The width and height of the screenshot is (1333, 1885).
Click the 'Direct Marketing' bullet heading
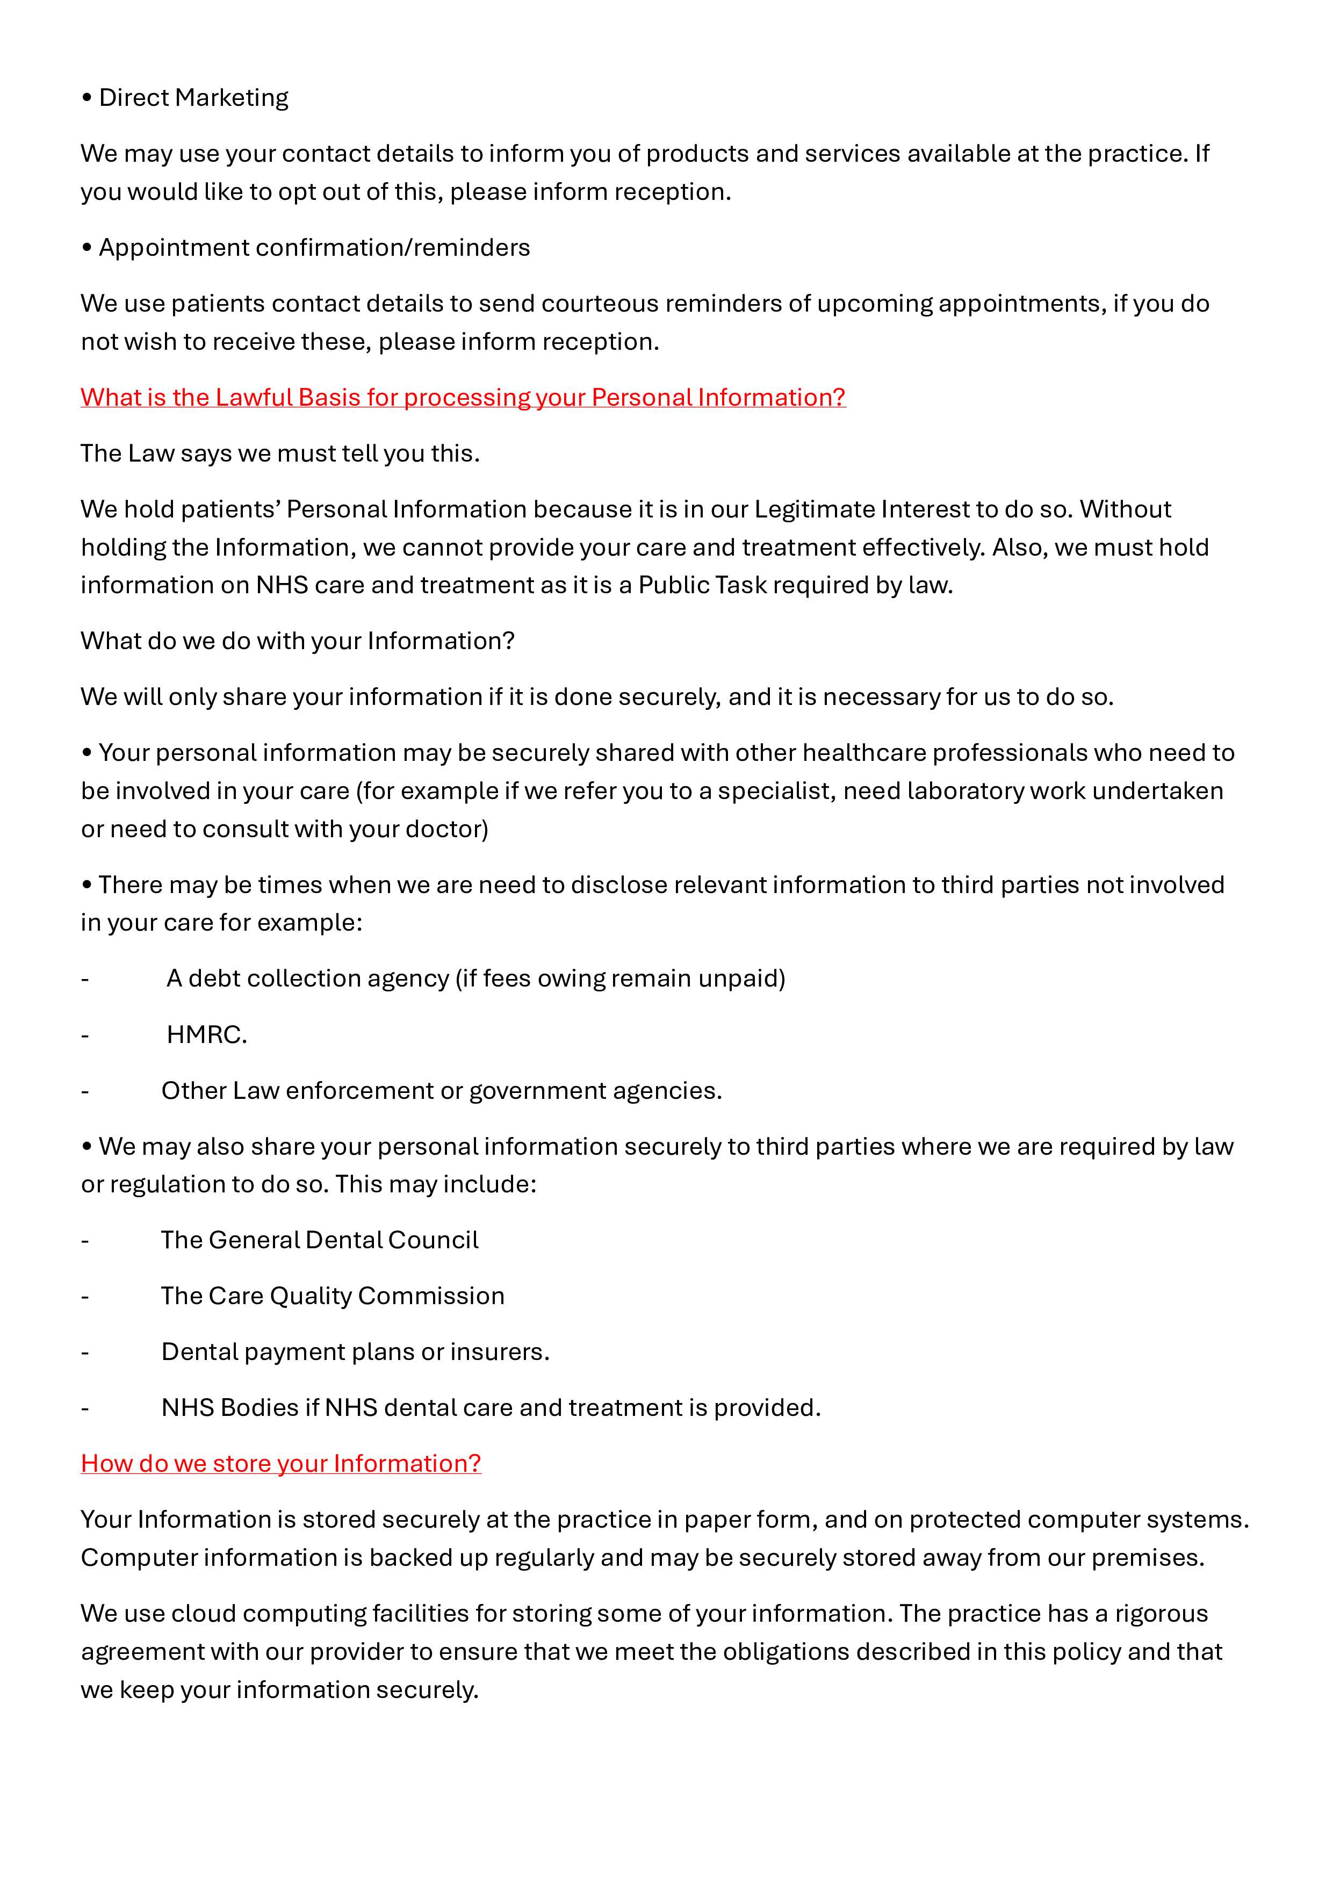coord(193,98)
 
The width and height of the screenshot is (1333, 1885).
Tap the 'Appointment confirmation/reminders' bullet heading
coord(314,247)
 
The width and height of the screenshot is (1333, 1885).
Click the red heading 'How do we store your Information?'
coord(280,1463)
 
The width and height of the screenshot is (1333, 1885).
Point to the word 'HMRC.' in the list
coord(206,1034)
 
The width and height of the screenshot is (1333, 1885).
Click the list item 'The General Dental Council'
coord(319,1240)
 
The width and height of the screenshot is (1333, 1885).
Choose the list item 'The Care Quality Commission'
coord(333,1296)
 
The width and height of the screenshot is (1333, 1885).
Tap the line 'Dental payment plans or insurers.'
coord(355,1351)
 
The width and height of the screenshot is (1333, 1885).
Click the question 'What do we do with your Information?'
coord(297,641)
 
